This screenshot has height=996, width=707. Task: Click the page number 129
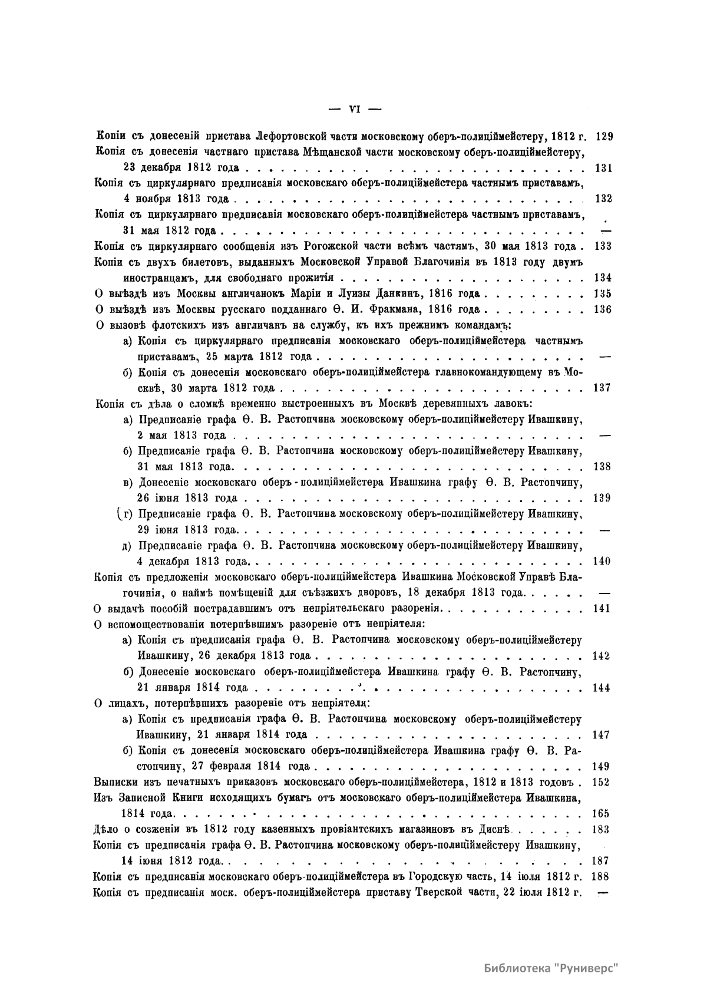604,137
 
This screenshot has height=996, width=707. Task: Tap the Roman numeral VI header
355,108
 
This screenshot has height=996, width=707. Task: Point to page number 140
602,561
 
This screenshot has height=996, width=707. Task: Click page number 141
602,609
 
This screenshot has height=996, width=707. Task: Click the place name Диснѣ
495,829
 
